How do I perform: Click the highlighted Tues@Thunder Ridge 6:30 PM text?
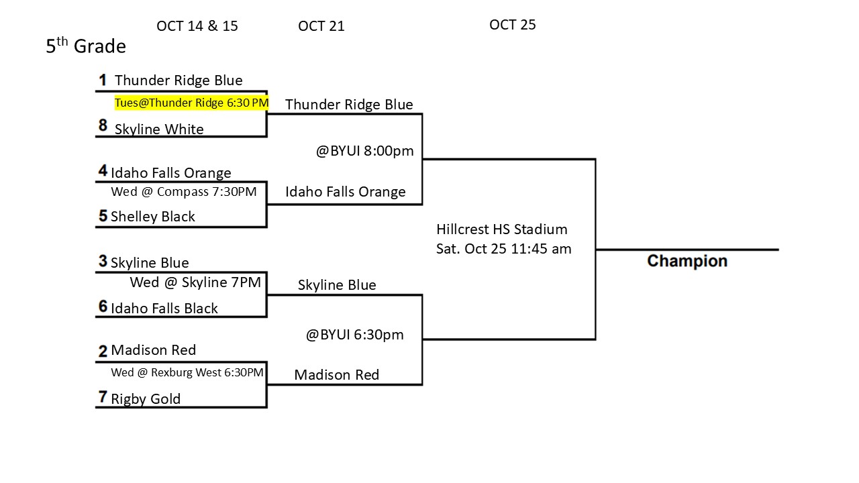pos(192,103)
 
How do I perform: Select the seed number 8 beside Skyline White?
pos(103,126)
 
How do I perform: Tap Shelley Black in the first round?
pos(153,217)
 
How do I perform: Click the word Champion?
pos(687,261)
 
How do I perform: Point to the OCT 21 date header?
pos(321,26)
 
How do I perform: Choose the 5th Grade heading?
pos(86,46)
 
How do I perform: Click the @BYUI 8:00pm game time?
pos(364,151)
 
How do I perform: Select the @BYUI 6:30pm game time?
pos(354,334)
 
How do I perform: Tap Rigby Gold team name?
pos(146,399)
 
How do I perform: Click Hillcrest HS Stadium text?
pos(501,229)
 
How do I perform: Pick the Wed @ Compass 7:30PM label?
pos(183,192)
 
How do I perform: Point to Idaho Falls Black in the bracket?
pos(164,309)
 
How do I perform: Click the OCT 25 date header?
pos(512,25)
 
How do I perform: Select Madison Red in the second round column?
pos(336,375)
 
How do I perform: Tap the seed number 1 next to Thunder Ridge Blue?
pos(103,80)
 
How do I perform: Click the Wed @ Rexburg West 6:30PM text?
pos(187,372)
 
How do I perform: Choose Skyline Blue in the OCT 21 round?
pos(336,285)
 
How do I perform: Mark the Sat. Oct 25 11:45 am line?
pos(503,249)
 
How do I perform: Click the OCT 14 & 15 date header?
pos(197,26)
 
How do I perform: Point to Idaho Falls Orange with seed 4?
pos(170,173)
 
